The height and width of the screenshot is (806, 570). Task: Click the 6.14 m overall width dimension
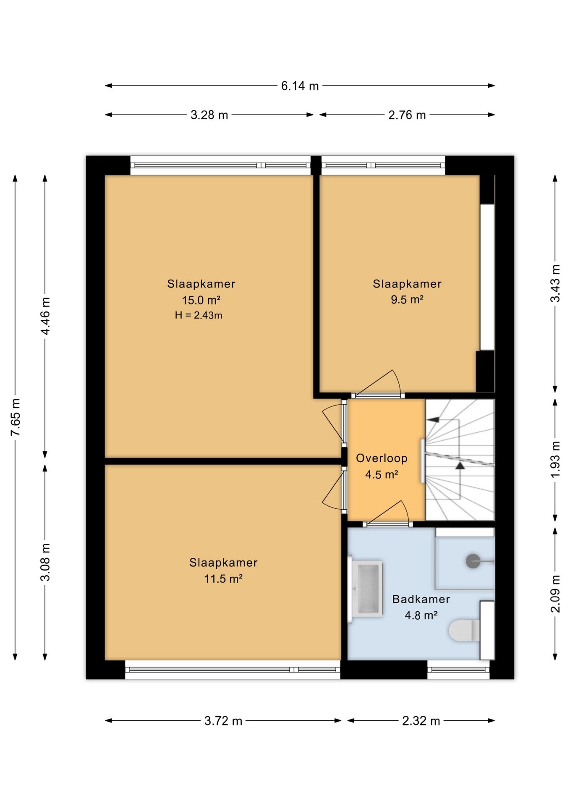[300, 86]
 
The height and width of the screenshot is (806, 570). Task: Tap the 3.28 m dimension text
[209, 115]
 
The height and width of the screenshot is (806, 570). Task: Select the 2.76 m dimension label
[407, 115]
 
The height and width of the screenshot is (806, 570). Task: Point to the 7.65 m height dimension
[16, 417]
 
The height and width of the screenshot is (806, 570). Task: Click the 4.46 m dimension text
[45, 316]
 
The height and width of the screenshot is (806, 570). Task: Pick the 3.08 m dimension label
[45, 562]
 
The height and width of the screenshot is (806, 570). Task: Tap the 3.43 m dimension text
[555, 283]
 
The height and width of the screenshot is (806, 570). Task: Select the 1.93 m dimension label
[555, 459]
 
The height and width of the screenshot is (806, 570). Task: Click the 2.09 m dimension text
[555, 594]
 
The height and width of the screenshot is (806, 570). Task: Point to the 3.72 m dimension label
[223, 721]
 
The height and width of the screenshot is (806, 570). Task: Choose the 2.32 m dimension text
[421, 721]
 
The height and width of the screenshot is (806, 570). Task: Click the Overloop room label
[382, 458]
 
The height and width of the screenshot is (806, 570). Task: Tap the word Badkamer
[421, 599]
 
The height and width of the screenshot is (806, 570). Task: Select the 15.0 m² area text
[201, 300]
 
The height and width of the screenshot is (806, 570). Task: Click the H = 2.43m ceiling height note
[199, 315]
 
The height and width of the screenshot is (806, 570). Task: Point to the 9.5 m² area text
[407, 300]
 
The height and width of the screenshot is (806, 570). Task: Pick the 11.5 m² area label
[223, 579]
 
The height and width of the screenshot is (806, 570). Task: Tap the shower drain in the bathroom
[473, 561]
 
